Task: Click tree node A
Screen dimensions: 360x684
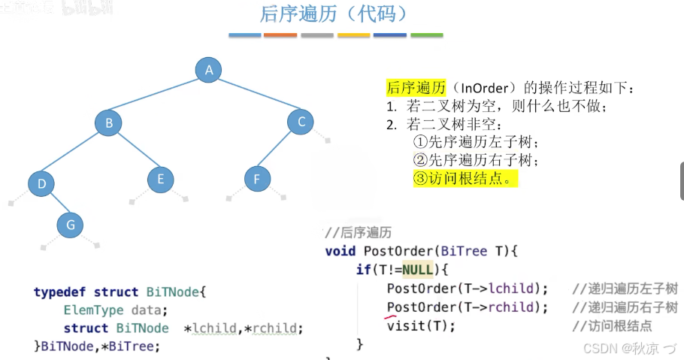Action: tap(209, 70)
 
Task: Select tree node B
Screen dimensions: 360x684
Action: tap(108, 123)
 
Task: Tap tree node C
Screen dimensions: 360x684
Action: tap(301, 122)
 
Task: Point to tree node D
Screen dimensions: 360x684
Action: tap(41, 183)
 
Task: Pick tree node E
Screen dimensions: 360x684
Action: tap(160, 179)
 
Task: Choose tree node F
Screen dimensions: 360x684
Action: tap(257, 179)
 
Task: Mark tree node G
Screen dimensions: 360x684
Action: tap(70, 224)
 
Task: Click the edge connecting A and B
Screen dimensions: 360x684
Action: tap(159, 96)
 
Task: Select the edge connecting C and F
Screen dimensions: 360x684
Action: tap(279, 150)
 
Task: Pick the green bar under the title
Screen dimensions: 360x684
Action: tap(427, 35)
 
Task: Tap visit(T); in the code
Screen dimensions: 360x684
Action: tap(421, 325)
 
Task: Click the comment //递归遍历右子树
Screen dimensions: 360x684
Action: tap(624, 307)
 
